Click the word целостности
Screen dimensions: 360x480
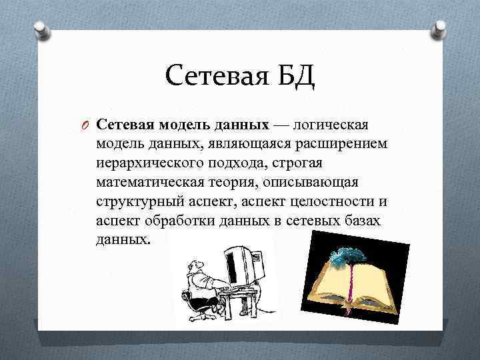click(334, 202)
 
